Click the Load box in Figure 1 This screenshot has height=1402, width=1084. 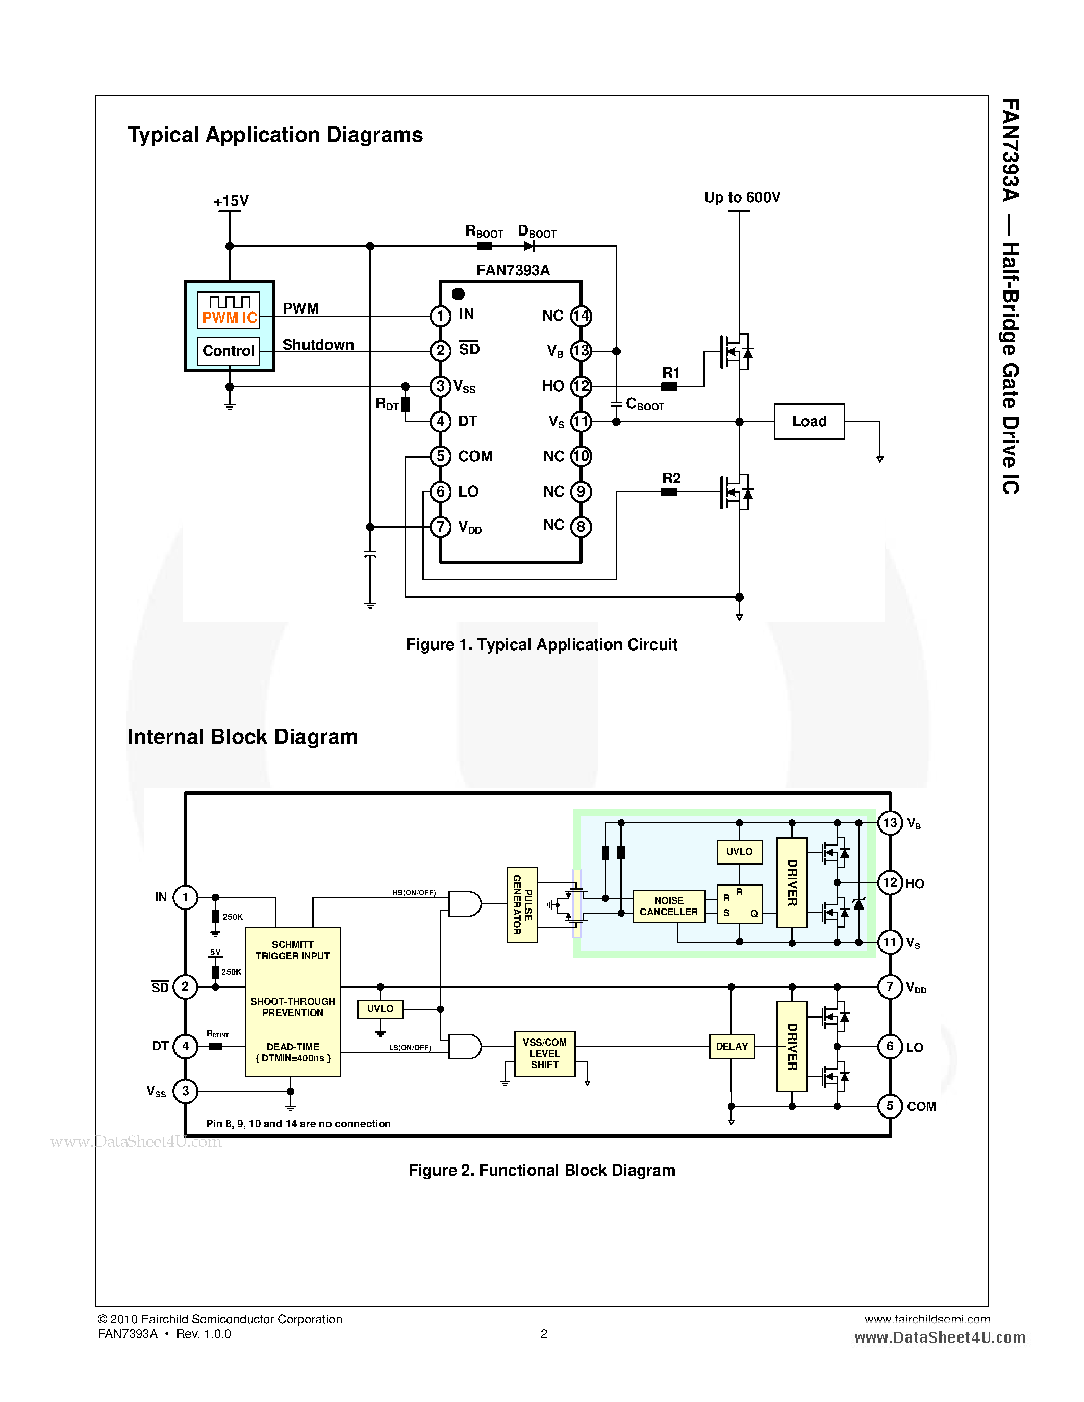809,421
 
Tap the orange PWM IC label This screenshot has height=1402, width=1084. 229,318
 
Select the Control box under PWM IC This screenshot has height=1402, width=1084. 229,351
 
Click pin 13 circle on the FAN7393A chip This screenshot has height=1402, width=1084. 581,351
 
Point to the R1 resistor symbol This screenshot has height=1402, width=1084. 669,386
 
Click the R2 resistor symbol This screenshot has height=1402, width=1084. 669,492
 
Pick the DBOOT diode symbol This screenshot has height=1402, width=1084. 529,246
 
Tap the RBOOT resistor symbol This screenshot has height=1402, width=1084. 485,246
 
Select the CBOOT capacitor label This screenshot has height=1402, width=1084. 645,404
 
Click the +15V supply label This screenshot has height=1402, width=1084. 231,201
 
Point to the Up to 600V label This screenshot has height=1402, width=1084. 742,197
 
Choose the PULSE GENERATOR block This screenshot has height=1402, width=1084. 521,904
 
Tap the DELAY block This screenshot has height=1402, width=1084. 732,1046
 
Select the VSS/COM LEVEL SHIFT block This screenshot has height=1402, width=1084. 545,1053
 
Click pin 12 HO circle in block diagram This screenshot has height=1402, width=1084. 890,882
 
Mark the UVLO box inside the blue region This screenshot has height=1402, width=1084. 739,852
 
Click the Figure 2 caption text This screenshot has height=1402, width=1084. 541,1170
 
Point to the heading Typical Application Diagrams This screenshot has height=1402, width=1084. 275,135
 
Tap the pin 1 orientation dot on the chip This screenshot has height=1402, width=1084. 458,294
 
